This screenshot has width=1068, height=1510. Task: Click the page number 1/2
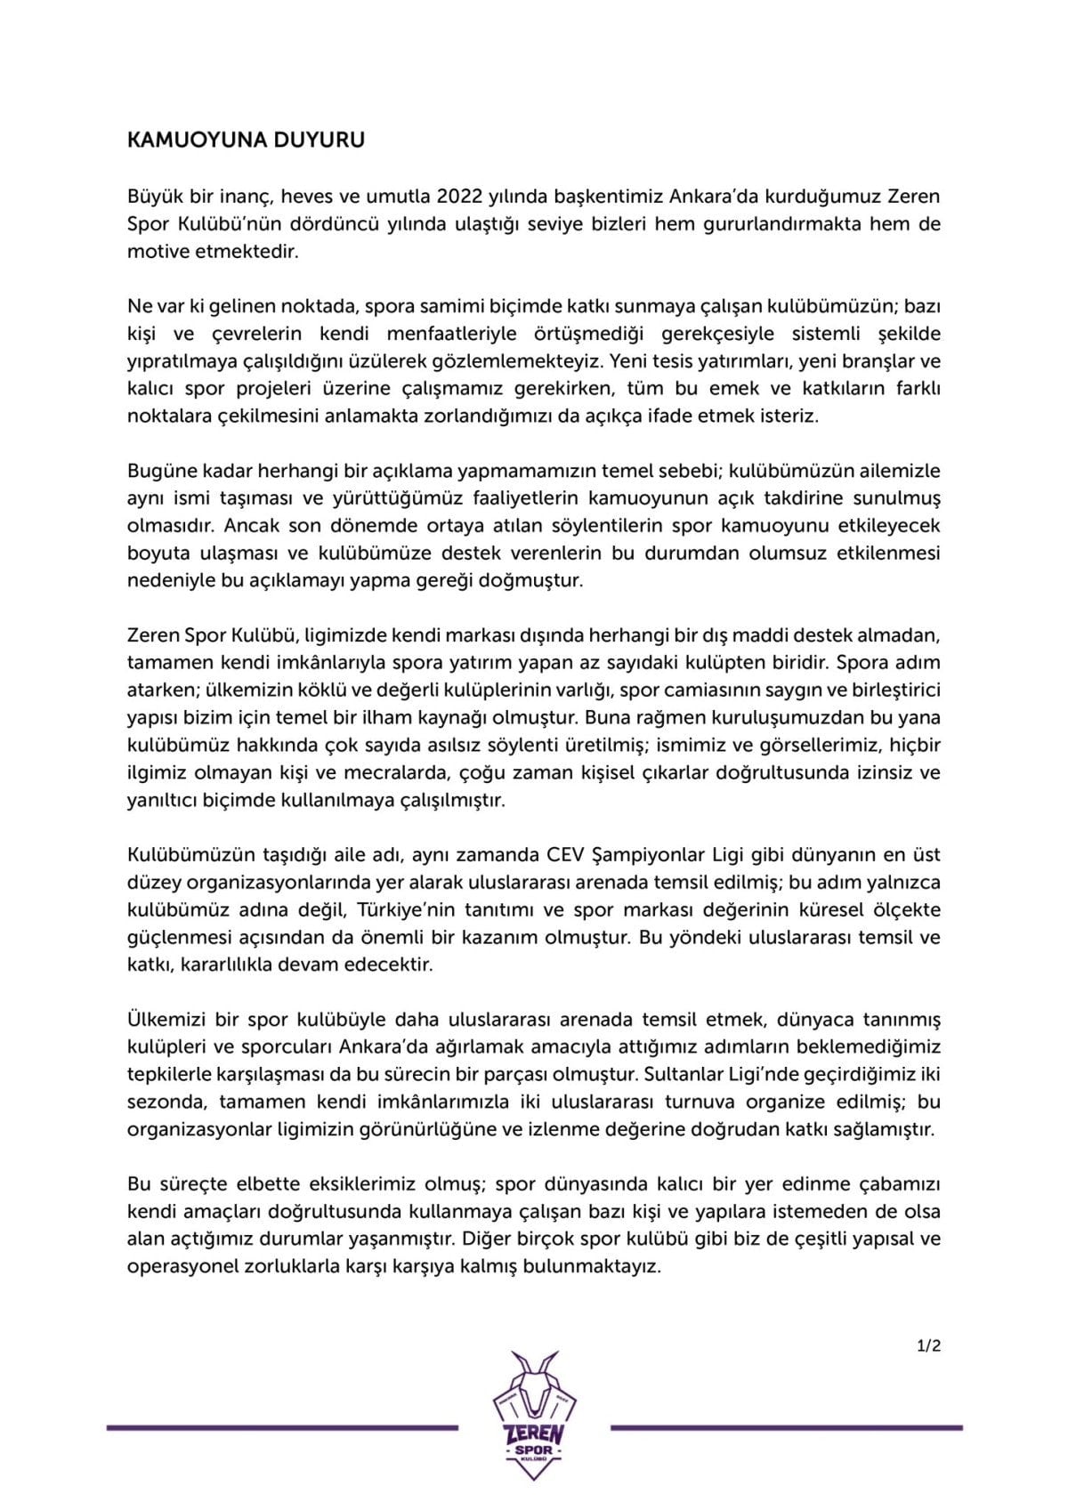click(x=928, y=1346)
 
